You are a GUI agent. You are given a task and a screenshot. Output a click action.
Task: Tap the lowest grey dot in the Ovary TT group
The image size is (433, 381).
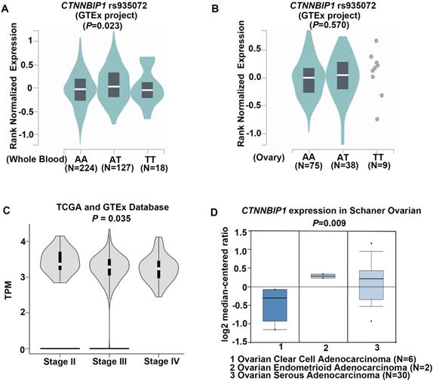(x=377, y=119)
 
